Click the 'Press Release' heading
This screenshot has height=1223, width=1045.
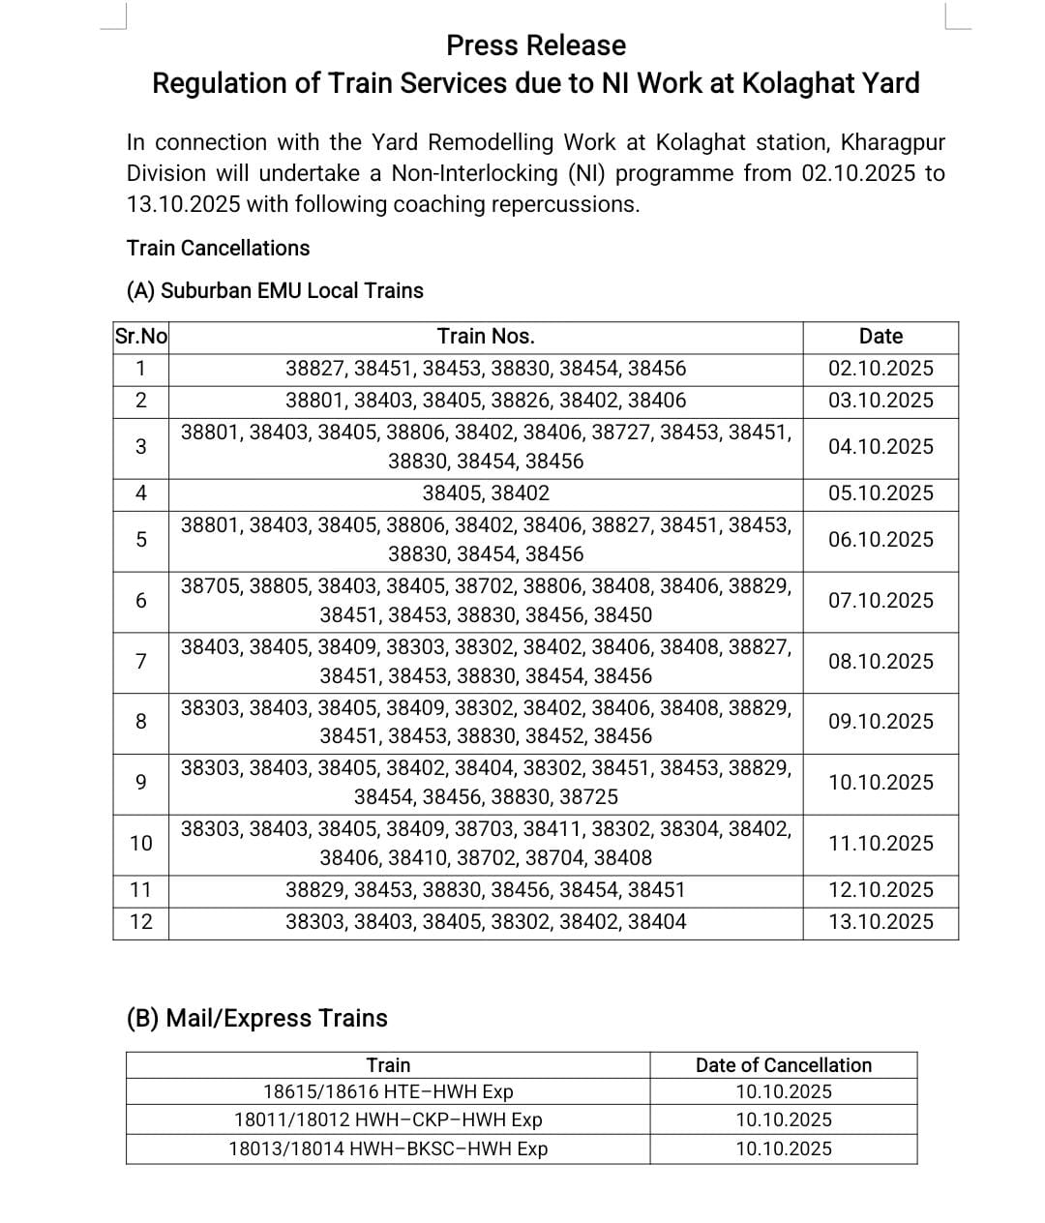tap(535, 45)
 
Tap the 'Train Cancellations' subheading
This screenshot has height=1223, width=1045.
tap(218, 248)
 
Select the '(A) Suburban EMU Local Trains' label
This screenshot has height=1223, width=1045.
tap(275, 290)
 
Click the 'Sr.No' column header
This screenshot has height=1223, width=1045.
tap(140, 337)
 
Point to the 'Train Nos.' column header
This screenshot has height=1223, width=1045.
tap(485, 337)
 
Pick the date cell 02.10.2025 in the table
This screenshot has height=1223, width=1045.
tap(881, 369)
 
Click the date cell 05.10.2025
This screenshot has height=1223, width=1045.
tap(881, 493)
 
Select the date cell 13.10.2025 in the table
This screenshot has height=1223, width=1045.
tap(881, 922)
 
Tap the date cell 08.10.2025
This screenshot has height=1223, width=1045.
tap(881, 662)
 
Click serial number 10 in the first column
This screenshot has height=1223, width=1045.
tap(140, 844)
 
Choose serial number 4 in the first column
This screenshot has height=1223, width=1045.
tap(140, 493)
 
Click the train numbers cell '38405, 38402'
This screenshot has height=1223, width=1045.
tap(485, 493)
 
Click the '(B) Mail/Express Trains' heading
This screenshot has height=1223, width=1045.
tap(256, 1018)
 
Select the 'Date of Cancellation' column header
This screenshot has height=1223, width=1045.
tap(783, 1065)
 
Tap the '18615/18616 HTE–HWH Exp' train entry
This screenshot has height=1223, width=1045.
tap(388, 1092)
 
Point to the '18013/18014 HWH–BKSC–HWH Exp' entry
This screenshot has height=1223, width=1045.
tap(388, 1149)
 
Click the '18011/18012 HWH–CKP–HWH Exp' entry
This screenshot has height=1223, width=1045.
tap(388, 1120)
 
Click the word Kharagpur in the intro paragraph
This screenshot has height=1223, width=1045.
tap(892, 143)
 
